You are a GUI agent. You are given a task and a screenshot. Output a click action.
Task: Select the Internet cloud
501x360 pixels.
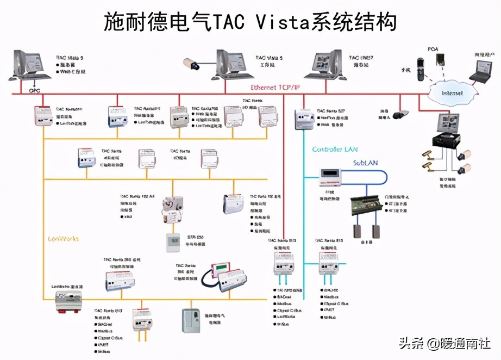click(x=451, y=93)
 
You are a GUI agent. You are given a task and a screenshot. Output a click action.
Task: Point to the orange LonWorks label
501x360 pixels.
click(x=63, y=238)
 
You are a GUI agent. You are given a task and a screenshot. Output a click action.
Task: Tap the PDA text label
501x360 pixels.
click(x=433, y=49)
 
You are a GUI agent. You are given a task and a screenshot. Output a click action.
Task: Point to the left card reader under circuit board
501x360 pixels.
click(x=357, y=231)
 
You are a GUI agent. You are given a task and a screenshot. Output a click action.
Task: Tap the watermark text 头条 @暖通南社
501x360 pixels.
click(x=444, y=344)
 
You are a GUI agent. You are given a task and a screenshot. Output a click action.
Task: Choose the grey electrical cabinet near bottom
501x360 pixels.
click(x=190, y=320)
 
